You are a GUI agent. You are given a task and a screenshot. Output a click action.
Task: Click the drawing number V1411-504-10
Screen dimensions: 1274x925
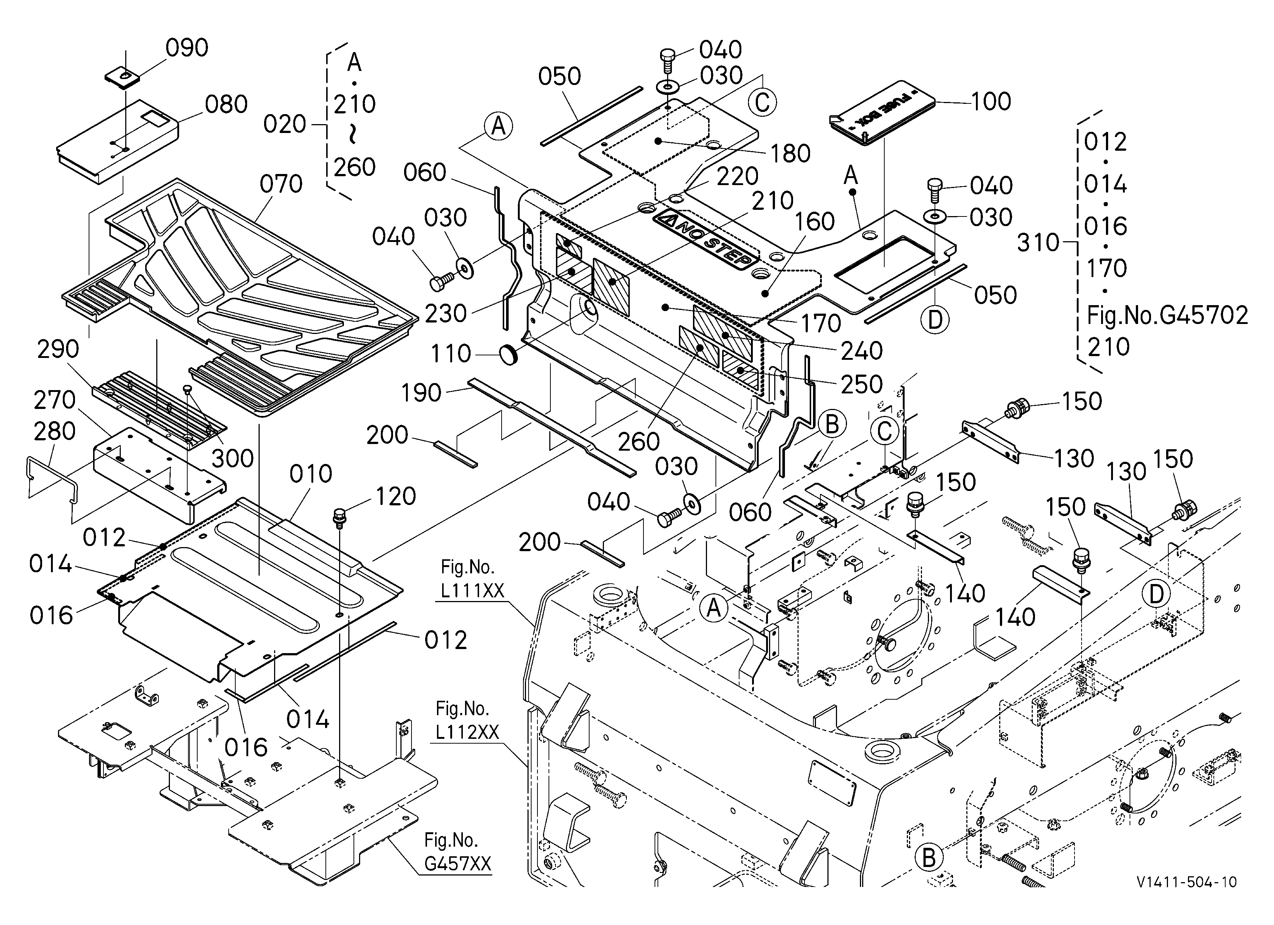pos(1186,882)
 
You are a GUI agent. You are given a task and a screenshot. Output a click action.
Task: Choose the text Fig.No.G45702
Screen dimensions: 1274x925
pos(1167,315)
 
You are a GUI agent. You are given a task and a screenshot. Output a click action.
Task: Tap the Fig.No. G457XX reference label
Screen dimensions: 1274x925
pos(458,852)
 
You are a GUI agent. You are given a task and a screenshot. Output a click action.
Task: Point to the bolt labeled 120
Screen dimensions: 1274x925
pos(339,517)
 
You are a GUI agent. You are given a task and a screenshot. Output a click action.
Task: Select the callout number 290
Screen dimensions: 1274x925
pos(58,349)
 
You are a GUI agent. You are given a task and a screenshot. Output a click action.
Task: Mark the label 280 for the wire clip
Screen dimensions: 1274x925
pos(55,431)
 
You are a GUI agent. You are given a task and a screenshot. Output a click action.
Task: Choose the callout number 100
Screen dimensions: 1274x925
pos(991,102)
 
